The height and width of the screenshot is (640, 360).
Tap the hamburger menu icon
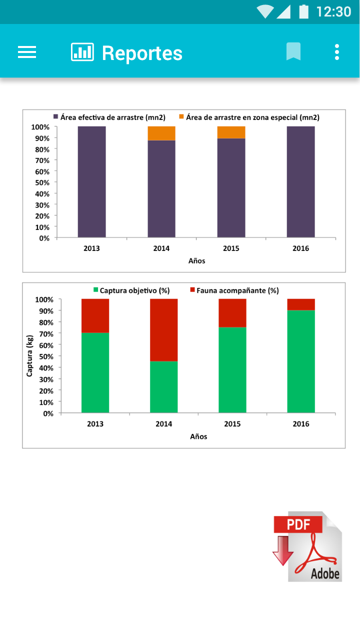click(27, 52)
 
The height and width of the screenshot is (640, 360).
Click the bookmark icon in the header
click(293, 51)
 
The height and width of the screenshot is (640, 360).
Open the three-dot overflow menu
click(337, 52)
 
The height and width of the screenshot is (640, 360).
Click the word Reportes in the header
click(142, 53)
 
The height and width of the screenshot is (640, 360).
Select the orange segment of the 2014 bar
click(161, 133)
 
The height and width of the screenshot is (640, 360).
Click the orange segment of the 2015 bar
click(231, 132)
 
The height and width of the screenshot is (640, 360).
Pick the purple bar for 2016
click(301, 181)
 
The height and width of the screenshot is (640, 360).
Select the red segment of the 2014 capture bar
click(164, 330)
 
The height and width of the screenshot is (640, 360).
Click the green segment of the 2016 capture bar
click(301, 361)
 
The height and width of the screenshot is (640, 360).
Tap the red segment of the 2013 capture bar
click(95, 315)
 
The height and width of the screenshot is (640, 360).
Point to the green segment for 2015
click(232, 370)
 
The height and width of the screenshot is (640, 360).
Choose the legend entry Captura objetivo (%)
click(131, 290)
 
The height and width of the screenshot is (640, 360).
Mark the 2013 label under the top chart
click(91, 248)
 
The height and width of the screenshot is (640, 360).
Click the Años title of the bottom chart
click(198, 436)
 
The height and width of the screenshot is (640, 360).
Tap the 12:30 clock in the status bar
click(333, 11)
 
